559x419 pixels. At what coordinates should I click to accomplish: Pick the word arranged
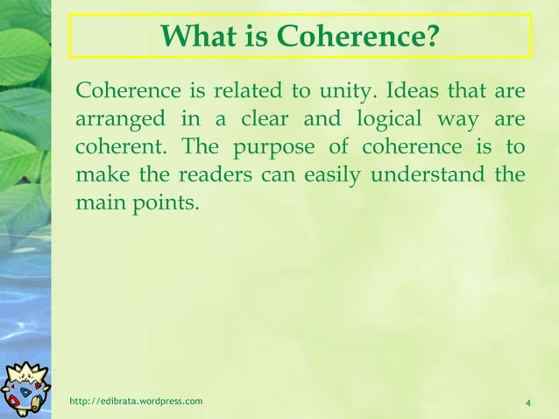pyautogui.click(x=115, y=119)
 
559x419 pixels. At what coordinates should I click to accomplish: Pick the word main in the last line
pyautogui.click(x=98, y=202)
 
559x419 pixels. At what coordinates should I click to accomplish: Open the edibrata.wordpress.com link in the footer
pyautogui.click(x=136, y=401)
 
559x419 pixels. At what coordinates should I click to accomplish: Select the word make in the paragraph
pyautogui.click(x=97, y=174)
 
